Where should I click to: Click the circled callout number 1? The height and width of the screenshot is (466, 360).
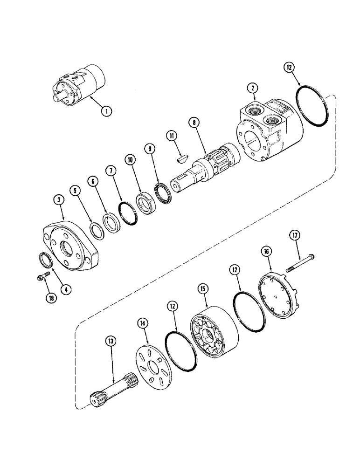coord(106,111)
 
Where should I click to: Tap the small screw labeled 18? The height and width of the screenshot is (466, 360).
coord(42,278)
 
